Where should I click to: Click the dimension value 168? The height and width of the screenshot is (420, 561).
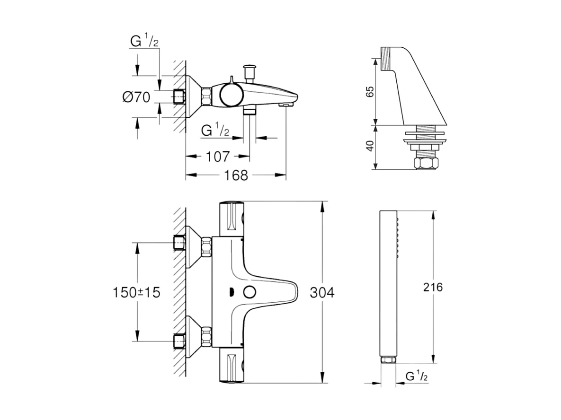[236, 175]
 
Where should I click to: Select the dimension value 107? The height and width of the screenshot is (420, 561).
[218, 156]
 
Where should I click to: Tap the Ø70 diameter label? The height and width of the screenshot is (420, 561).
[136, 97]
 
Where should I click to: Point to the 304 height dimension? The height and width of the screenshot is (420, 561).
[321, 293]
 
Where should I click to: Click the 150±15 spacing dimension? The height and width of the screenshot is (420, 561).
[136, 292]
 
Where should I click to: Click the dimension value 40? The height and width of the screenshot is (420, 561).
[370, 146]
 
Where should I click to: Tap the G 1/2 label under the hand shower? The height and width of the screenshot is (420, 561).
[417, 376]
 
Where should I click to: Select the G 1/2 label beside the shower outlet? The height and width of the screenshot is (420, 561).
[215, 131]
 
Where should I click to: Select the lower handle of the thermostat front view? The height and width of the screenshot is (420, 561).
[233, 367]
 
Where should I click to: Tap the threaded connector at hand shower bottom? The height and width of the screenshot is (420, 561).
[388, 360]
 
